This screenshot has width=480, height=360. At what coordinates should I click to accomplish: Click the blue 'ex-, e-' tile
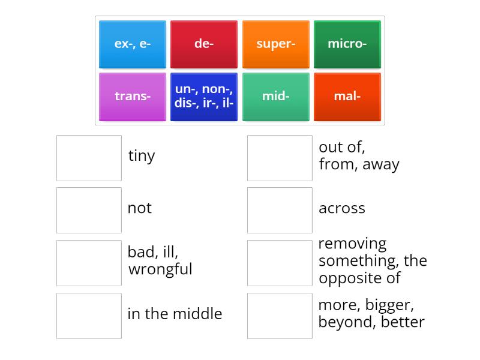click(x=132, y=44)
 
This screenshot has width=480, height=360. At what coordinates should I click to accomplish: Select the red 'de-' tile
click(x=204, y=44)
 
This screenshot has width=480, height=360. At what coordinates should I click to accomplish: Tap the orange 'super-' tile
click(x=275, y=44)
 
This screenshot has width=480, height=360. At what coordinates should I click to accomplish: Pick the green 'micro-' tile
click(x=347, y=44)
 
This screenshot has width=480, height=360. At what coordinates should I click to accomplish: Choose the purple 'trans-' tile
click(x=132, y=96)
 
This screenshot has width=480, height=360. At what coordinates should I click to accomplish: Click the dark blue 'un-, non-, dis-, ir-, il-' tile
click(x=204, y=96)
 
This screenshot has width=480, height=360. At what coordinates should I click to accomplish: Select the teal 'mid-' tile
click(x=275, y=96)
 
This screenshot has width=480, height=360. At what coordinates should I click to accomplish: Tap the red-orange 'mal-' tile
click(x=347, y=96)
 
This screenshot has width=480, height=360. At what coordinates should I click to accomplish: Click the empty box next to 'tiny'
click(x=89, y=158)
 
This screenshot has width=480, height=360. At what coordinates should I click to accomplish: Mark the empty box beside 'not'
click(x=89, y=210)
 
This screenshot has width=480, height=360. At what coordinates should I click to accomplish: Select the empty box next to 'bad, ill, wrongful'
click(x=89, y=263)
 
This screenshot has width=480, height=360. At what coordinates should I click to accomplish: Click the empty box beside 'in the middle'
click(x=89, y=316)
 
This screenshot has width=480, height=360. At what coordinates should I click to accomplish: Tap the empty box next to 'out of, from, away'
click(x=280, y=158)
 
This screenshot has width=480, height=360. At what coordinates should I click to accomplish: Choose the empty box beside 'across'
click(x=280, y=210)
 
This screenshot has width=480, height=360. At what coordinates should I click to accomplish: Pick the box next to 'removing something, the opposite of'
click(x=280, y=263)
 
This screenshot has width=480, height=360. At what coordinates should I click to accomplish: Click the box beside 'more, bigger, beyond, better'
click(x=280, y=316)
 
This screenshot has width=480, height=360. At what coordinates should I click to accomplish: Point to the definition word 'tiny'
click(x=142, y=156)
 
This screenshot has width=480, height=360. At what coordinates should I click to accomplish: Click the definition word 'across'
click(x=341, y=209)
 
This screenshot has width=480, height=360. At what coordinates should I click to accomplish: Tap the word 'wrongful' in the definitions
click(x=160, y=269)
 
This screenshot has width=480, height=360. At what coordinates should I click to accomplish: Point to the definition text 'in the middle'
click(x=175, y=314)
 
